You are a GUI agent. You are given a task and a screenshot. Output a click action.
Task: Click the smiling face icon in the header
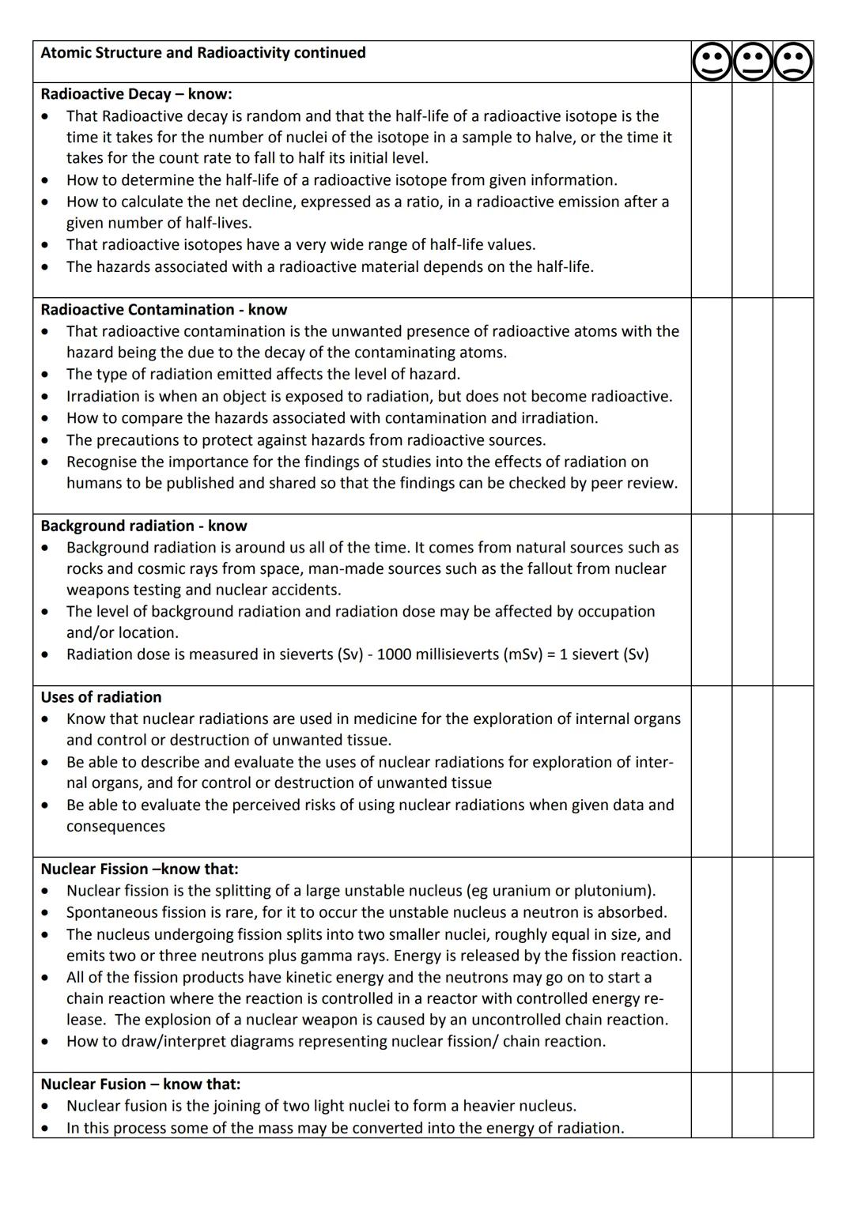point(712,62)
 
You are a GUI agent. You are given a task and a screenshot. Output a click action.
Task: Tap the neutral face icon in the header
point(753,62)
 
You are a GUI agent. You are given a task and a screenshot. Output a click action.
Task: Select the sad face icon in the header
point(793,62)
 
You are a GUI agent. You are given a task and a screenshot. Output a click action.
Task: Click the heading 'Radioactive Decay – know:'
point(136,94)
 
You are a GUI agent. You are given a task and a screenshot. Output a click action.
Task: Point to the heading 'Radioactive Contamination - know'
point(164,310)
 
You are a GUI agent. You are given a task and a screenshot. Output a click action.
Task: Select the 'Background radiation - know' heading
point(144,526)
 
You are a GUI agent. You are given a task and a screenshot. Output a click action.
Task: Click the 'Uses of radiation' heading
point(101,697)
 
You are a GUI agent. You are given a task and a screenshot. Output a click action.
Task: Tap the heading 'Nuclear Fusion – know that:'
point(141,1084)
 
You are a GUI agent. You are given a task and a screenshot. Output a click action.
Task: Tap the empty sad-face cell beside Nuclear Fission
point(793,964)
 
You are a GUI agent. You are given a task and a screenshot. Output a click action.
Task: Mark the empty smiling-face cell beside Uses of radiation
point(712,771)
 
